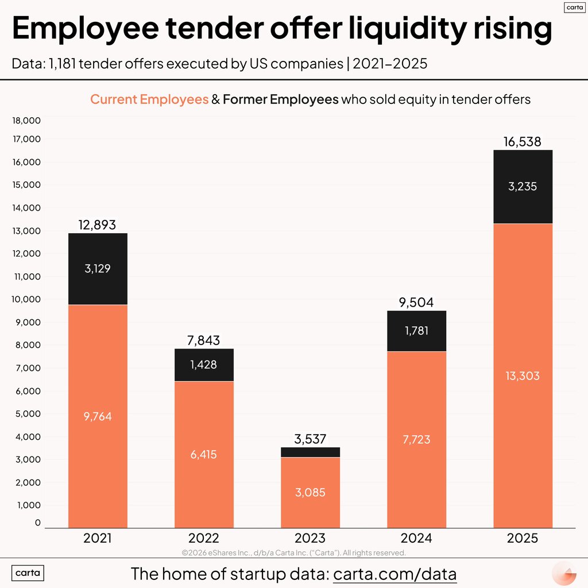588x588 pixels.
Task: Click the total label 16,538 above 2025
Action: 522,142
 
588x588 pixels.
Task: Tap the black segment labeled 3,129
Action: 98,269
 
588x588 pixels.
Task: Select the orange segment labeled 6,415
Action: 204,454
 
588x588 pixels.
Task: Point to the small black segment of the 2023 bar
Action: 310,452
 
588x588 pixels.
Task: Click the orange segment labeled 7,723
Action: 416,439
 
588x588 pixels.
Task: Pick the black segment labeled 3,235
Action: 523,187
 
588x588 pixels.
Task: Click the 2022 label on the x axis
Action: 204,539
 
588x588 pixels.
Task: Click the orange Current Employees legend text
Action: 149,99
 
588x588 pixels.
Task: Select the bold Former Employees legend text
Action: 280,99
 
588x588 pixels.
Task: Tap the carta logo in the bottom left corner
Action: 28,573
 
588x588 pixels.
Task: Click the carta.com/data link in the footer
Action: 395,574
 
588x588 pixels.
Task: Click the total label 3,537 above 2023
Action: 310,440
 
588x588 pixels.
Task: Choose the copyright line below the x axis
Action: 294,552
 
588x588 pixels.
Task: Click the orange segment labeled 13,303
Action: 523,376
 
